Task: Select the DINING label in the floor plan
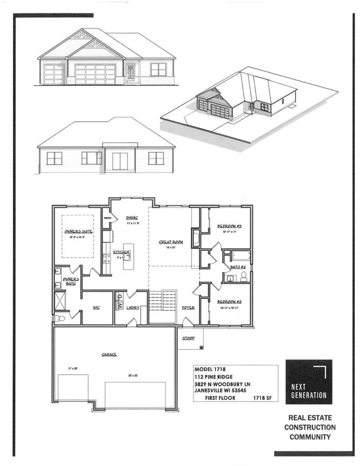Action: (x=132, y=218)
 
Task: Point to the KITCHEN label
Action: (x=122, y=252)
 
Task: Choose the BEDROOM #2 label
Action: (x=229, y=302)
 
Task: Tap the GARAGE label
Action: (x=109, y=355)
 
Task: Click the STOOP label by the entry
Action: (x=188, y=338)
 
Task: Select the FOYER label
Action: (x=188, y=308)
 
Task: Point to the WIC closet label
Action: (x=96, y=308)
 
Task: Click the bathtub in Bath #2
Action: (x=238, y=255)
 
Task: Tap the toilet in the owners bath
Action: (x=60, y=318)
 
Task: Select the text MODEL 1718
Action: (x=210, y=369)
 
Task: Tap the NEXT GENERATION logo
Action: (x=309, y=382)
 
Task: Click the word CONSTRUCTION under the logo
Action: (x=310, y=427)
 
